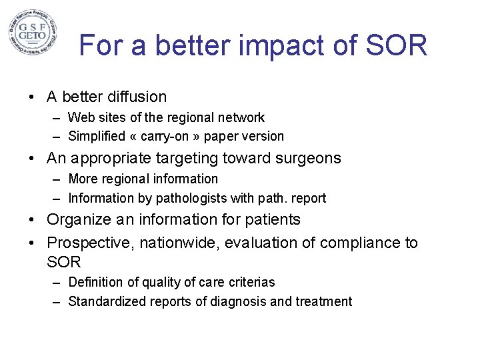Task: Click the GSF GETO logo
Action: pyautogui.click(x=32, y=32)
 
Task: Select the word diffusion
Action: pyautogui.click(x=135, y=97)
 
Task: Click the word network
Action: pyautogui.click(x=241, y=118)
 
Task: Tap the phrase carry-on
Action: pyautogui.click(x=169, y=137)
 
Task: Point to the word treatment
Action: pyautogui.click(x=321, y=302)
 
